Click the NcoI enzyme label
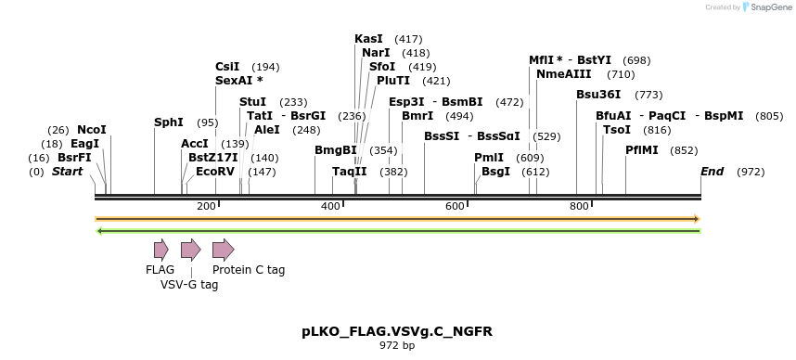click(x=92, y=130)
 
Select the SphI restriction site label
click(x=168, y=122)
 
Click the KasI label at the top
click(x=368, y=39)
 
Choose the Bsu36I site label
click(x=598, y=95)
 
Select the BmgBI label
click(x=335, y=150)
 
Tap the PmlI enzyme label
click(x=489, y=158)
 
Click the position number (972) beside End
click(x=751, y=173)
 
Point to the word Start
click(x=67, y=172)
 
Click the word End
click(x=712, y=172)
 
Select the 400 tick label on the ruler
click(x=331, y=206)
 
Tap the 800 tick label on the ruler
click(x=579, y=206)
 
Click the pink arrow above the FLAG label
click(x=160, y=249)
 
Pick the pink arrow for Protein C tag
click(x=223, y=249)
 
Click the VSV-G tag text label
click(x=189, y=286)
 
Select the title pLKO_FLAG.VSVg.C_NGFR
click(x=397, y=331)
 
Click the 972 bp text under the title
click(x=397, y=346)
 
